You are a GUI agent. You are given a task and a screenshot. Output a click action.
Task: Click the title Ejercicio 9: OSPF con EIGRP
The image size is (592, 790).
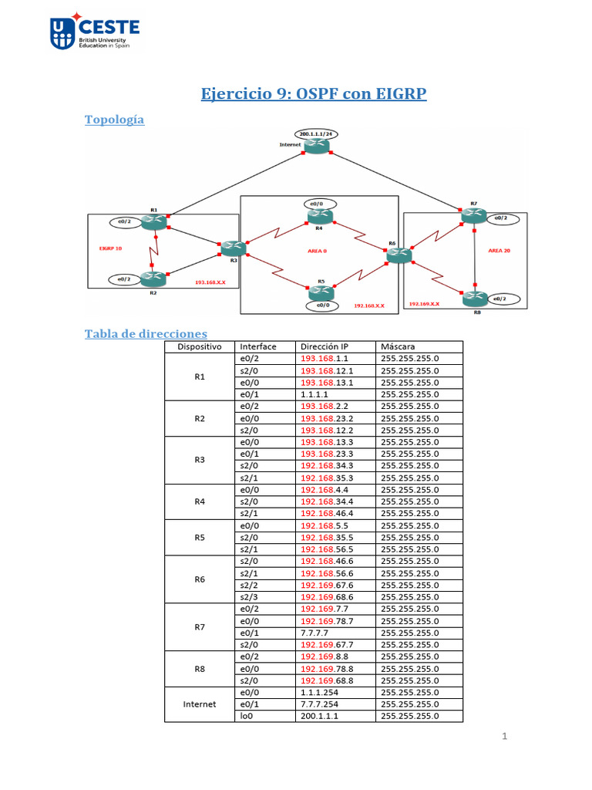click(313, 94)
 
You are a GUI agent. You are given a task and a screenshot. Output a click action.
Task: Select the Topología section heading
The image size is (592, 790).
click(114, 120)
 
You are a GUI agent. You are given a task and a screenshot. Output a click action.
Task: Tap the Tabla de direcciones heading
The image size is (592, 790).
click(146, 333)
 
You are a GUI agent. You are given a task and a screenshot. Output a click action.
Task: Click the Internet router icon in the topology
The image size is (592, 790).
click(317, 146)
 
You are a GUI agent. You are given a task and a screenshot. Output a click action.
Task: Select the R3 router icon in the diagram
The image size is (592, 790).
click(232, 248)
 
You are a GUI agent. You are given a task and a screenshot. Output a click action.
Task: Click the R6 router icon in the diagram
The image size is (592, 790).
click(399, 255)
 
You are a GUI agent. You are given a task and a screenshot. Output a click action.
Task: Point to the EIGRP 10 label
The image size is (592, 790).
click(111, 248)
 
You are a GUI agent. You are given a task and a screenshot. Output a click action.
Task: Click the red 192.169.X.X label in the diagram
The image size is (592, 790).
click(424, 304)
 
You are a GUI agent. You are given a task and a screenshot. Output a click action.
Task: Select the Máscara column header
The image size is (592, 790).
click(398, 346)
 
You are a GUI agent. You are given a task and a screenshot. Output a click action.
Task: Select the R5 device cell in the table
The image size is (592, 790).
click(199, 537)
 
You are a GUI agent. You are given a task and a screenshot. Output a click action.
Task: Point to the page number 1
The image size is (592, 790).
click(505, 737)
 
